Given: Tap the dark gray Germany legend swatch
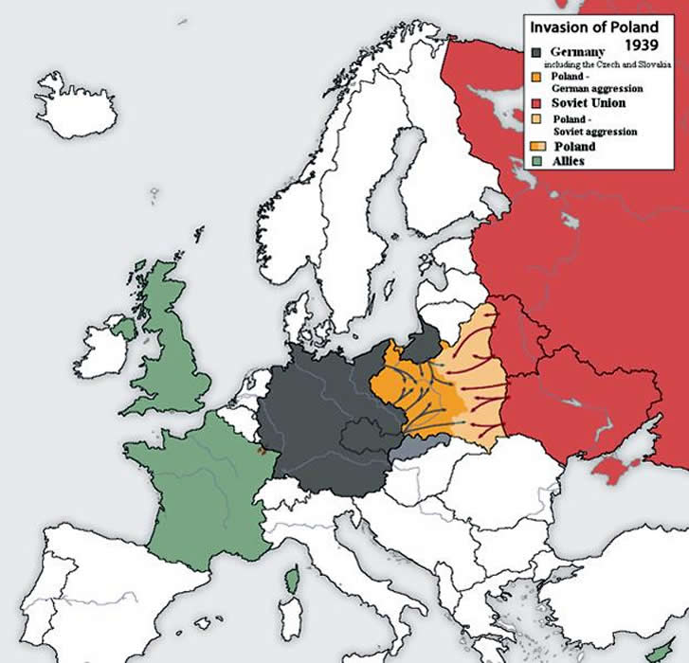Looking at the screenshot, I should click(x=537, y=52).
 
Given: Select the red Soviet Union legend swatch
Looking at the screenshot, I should click(x=537, y=101).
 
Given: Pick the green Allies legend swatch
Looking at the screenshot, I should click(x=537, y=161).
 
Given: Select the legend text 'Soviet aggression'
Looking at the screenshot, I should click(x=593, y=132).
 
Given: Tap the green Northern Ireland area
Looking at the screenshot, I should click(x=124, y=328).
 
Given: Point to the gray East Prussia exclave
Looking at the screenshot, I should click(x=424, y=339).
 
